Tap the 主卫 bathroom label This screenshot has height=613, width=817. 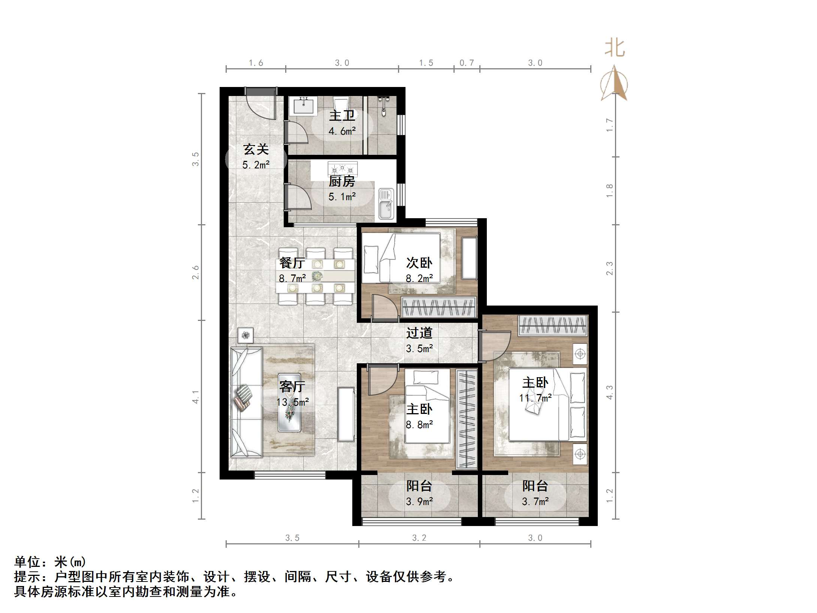click(342, 115)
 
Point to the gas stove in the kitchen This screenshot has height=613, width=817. click(343, 168)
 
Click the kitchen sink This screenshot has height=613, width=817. click(386, 204)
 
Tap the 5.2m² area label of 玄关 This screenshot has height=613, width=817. click(256, 165)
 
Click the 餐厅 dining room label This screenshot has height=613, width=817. click(292, 262)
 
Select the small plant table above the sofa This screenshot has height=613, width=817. click(245, 335)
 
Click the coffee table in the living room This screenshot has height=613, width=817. click(289, 402)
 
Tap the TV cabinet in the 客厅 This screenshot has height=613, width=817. click(346, 414)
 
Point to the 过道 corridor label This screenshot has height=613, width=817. click(419, 333)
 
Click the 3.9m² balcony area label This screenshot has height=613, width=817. click(419, 501)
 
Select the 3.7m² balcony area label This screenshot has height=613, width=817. click(535, 501)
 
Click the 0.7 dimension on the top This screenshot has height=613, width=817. click(467, 63)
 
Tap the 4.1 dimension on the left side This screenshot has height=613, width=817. click(195, 396)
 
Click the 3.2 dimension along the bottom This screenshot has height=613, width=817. click(419, 538)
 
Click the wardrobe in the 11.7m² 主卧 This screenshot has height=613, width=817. click(553, 325)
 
